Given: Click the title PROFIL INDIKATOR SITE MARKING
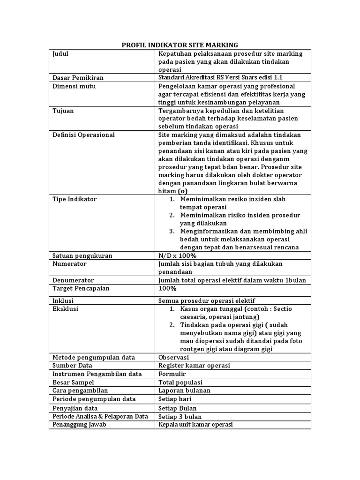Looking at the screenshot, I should (x=180, y=45).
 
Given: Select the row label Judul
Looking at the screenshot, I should (x=60, y=54).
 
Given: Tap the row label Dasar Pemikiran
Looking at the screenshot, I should (x=78, y=77).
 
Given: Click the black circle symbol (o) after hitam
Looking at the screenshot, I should (x=183, y=191).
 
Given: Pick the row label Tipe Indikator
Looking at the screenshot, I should (x=75, y=199).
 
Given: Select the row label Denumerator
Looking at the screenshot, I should (x=74, y=280).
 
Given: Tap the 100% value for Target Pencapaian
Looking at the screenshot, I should (x=167, y=289).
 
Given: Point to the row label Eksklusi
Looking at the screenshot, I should (x=66, y=309).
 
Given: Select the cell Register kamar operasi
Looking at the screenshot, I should (x=194, y=366).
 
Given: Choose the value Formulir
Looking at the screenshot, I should (x=172, y=374).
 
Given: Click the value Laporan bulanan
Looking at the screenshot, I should (x=184, y=390).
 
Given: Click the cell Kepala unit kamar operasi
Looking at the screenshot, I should (x=195, y=425).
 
